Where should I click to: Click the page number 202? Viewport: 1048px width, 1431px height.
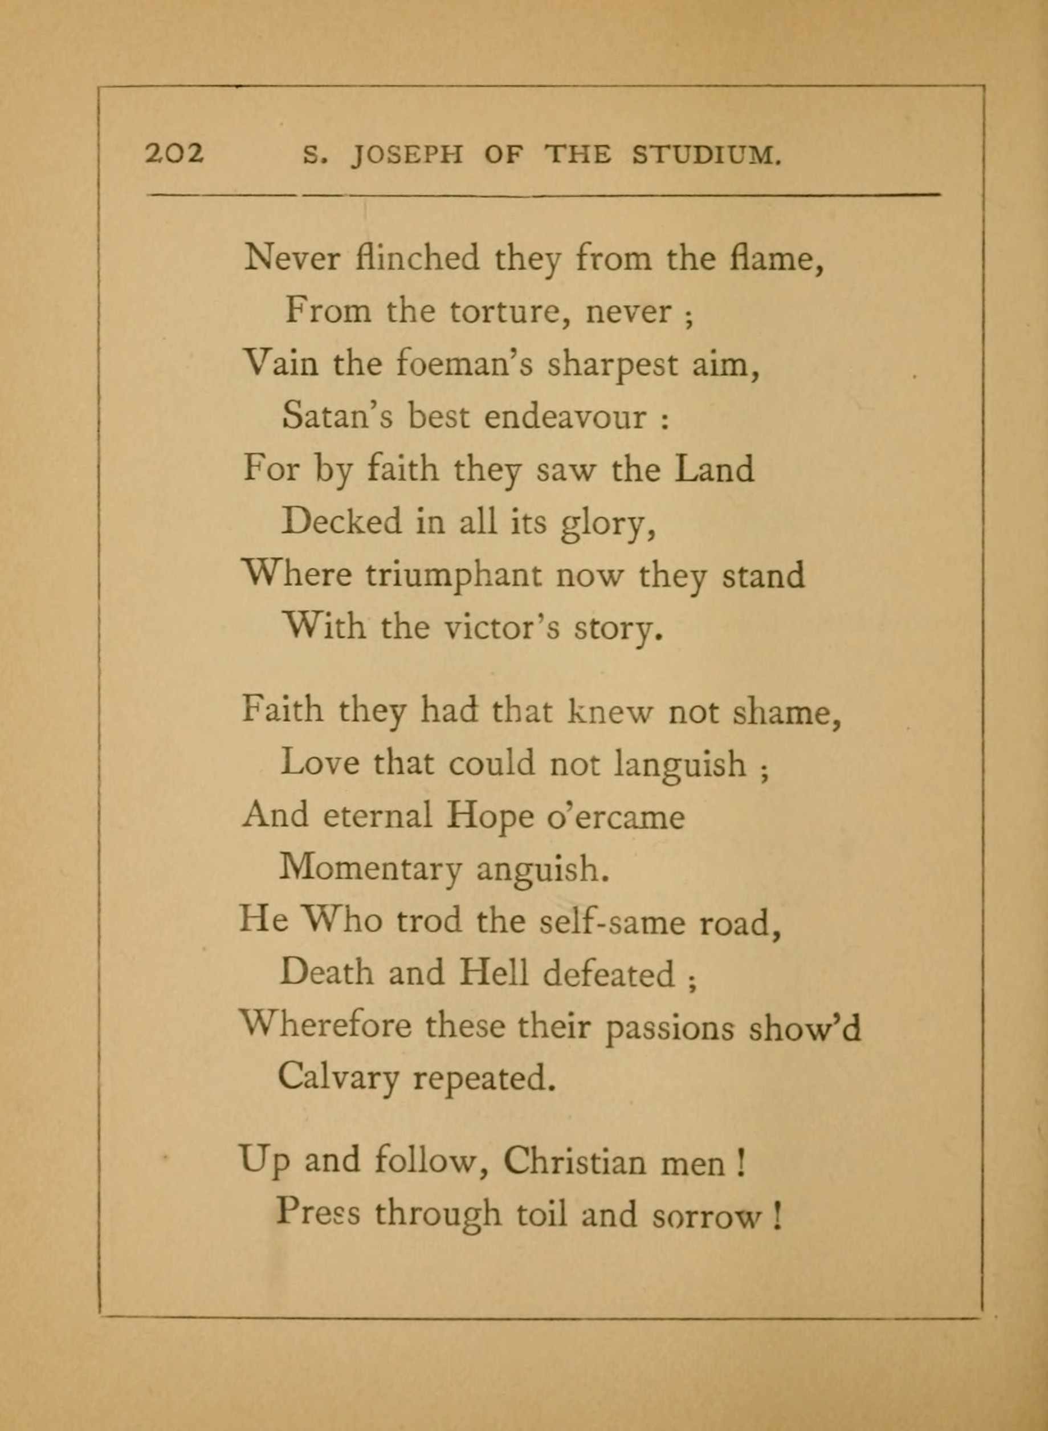(x=174, y=154)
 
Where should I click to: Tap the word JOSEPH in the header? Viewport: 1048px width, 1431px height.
(x=407, y=156)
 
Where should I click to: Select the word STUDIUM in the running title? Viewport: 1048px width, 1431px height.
(x=706, y=156)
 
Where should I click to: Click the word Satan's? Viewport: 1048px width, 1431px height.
(x=337, y=416)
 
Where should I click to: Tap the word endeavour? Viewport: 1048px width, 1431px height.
(x=565, y=417)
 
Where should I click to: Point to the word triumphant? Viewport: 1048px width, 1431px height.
(x=454, y=575)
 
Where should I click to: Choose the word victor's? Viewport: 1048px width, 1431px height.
(x=501, y=628)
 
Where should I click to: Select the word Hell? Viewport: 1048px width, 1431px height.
(x=494, y=974)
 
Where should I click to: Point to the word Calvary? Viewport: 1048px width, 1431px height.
(x=337, y=1078)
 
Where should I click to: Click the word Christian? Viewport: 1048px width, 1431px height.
(x=574, y=1162)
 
